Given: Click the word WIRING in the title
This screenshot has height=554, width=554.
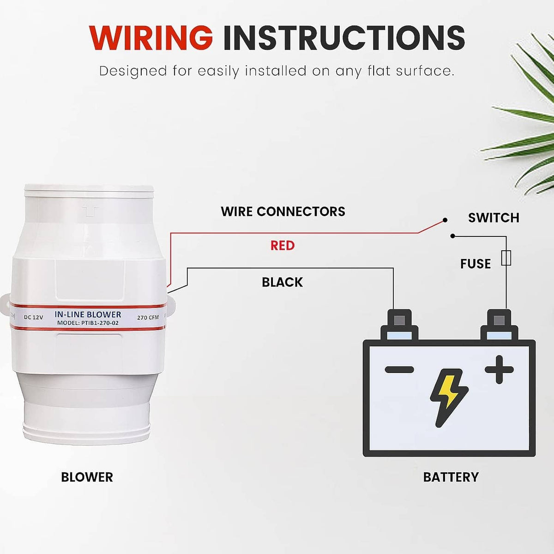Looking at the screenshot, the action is pyautogui.click(x=151, y=38).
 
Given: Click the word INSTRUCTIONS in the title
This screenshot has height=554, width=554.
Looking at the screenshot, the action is pyautogui.click(x=344, y=38).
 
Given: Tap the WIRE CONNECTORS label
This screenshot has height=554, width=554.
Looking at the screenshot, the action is pyautogui.click(x=283, y=211).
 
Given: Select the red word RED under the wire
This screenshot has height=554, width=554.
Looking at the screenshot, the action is pyautogui.click(x=283, y=245).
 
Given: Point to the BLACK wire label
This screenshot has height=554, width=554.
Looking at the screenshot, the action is pyautogui.click(x=283, y=283).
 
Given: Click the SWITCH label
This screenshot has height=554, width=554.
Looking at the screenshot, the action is pyautogui.click(x=494, y=217).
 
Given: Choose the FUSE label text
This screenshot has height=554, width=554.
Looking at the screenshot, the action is pyautogui.click(x=476, y=264).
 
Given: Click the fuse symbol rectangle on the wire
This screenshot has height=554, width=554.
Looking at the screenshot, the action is pyautogui.click(x=506, y=258).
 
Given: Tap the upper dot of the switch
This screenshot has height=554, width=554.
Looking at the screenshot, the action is pyautogui.click(x=445, y=220).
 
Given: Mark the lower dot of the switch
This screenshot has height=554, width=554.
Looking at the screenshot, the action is pyautogui.click(x=453, y=236).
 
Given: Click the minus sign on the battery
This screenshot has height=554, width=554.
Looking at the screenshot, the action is pyautogui.click(x=399, y=369).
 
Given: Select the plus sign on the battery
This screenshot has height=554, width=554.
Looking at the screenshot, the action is pyautogui.click(x=499, y=369).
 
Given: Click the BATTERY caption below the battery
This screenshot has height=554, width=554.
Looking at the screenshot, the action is pyautogui.click(x=451, y=477).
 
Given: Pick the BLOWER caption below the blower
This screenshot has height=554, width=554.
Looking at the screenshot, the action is pyautogui.click(x=87, y=477).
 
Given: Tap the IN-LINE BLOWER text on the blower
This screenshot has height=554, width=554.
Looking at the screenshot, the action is pyautogui.click(x=88, y=314).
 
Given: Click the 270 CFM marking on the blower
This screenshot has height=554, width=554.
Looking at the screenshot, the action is pyautogui.click(x=148, y=318).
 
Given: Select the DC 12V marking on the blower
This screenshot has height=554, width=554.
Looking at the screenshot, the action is pyautogui.click(x=33, y=317).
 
